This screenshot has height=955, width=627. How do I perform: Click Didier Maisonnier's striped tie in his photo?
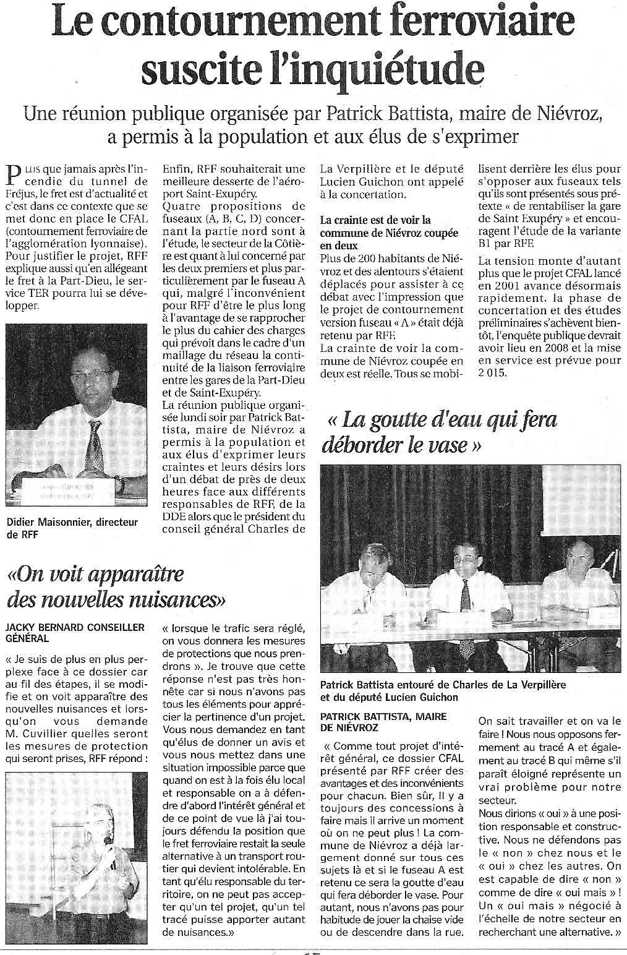tap(95, 445)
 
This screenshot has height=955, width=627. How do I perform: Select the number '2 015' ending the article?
tap(492, 372)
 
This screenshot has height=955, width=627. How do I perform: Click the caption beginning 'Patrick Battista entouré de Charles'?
tap(443, 690)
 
